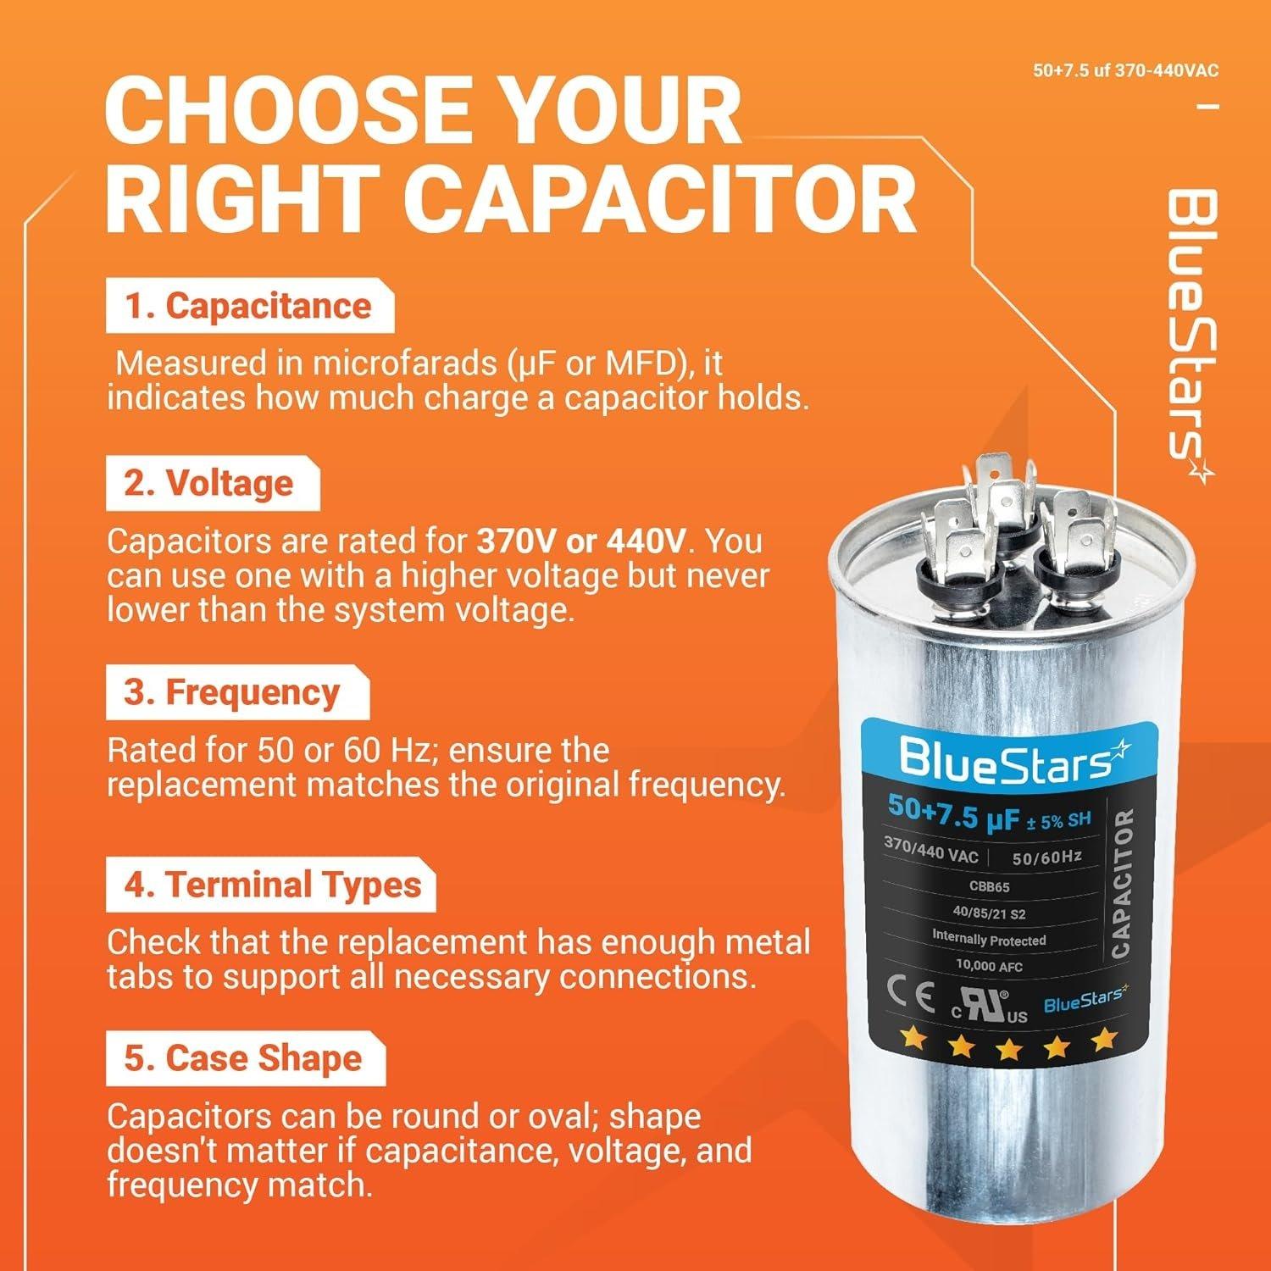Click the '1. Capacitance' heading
pos(249,307)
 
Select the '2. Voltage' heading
pos(210,483)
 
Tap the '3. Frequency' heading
pos(232,692)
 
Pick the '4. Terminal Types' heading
pos(273,885)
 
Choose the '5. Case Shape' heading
pos(244,1058)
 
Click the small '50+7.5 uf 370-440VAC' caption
pos(1125,70)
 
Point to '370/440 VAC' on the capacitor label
pos(930,850)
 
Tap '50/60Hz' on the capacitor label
pos(1046,858)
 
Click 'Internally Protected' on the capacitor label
pos(989,939)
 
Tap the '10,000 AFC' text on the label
pos(989,966)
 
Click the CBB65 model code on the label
pos(988,887)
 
